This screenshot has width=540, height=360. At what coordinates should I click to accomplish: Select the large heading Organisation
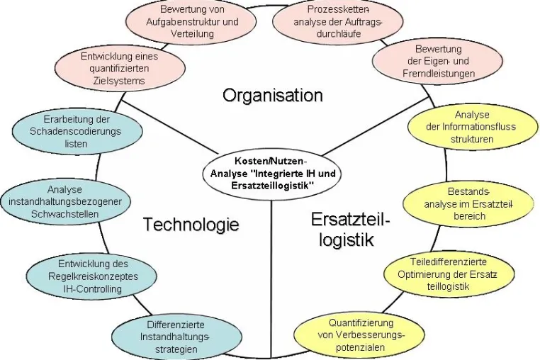coord(273,95)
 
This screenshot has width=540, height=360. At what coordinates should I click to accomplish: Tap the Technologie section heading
coord(191,224)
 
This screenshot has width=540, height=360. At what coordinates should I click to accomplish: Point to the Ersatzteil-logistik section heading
coord(350,230)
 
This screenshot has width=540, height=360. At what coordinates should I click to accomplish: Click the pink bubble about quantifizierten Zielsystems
coord(120,68)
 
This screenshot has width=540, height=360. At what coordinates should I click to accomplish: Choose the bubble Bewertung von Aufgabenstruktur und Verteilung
coord(192,21)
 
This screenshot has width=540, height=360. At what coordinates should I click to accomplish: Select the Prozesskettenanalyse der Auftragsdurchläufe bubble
coord(338,21)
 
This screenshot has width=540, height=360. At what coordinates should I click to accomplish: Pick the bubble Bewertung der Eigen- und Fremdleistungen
coord(438,61)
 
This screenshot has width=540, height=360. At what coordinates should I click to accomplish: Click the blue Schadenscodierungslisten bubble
coord(77,132)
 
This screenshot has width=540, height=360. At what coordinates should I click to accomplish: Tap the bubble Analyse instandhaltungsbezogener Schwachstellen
coord(65,202)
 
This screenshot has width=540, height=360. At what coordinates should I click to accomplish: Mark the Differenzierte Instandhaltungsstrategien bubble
coord(176,337)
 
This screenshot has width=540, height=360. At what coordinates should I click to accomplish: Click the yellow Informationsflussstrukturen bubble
coord(472,127)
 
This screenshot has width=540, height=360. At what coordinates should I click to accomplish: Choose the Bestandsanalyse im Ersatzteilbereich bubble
coord(468,203)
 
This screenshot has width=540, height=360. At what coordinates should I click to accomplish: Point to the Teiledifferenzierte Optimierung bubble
coord(449,274)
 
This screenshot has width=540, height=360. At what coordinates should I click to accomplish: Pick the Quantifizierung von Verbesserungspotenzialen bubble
coord(360,335)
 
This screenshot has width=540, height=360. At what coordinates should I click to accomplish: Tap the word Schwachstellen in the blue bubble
coord(64,214)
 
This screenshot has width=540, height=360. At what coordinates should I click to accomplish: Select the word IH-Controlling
coord(93,288)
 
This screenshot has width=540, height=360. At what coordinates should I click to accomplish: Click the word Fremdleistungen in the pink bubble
coord(439,74)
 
